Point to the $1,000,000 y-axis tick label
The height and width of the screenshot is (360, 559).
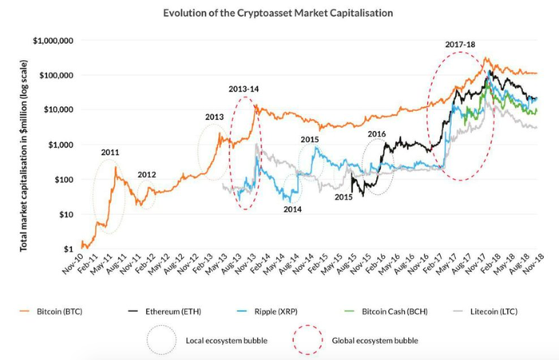pyautogui.click(x=51, y=40)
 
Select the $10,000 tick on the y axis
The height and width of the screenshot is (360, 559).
pyautogui.click(x=57, y=109)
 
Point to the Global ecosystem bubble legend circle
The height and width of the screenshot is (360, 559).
pyautogui.click(x=308, y=341)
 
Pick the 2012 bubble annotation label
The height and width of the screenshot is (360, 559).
pyautogui.click(x=147, y=175)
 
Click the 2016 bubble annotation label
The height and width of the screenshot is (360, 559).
pyautogui.click(x=376, y=133)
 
